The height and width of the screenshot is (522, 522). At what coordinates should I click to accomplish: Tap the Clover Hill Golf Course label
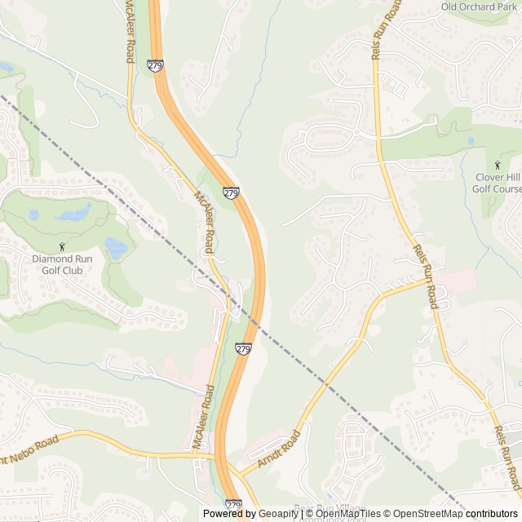point(497,183)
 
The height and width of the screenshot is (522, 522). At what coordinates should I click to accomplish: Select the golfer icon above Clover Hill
point(498,165)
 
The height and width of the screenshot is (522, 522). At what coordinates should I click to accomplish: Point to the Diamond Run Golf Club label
point(62,264)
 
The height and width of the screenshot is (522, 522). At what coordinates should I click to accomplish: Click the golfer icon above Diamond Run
point(62,246)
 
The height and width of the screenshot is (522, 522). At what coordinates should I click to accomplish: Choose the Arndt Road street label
point(280,448)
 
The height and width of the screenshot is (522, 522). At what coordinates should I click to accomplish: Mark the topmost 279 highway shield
point(155,64)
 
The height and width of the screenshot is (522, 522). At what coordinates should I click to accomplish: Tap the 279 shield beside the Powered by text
point(233,506)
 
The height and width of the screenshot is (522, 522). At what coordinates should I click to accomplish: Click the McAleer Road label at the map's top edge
point(129,33)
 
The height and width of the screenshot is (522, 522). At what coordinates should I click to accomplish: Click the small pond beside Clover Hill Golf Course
point(471,140)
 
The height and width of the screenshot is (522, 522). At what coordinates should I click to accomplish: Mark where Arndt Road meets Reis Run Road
point(427,280)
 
